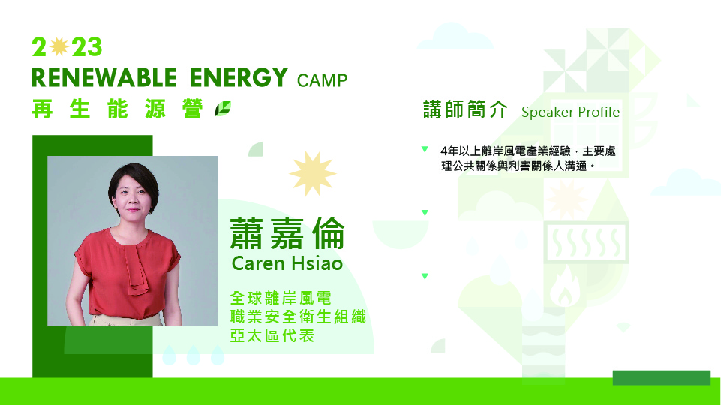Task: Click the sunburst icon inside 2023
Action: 59,47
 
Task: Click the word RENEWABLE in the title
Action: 104,77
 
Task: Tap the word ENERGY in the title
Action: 239,77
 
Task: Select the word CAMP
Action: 322,80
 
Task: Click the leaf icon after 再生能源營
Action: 223,109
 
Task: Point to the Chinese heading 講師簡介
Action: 465,109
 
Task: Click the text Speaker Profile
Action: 570,112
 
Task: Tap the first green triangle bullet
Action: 425,149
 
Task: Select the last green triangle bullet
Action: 425,276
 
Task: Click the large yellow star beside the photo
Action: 313,173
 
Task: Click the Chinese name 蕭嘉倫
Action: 287,233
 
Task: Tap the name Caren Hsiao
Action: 287,263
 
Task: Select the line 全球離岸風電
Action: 281,298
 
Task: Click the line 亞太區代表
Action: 272,335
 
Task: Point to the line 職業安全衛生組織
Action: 298,316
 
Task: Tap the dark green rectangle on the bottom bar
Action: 661,377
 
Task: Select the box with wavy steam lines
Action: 586,242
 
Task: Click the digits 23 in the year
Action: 87,47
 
